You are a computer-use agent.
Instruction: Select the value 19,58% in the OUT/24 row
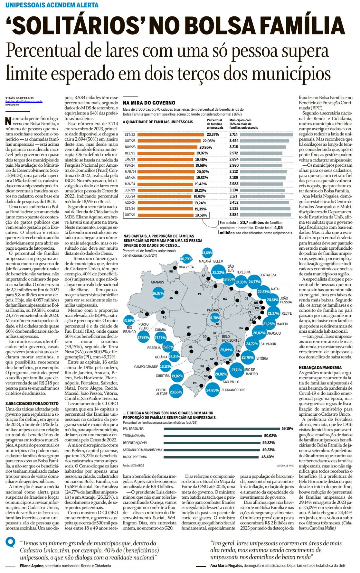coord(201,215)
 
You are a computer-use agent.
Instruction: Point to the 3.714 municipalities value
coord(233,135)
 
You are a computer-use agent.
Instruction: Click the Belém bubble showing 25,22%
coord(218,273)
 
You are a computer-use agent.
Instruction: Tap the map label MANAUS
coord(157,282)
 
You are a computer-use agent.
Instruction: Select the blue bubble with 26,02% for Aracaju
coord(259,333)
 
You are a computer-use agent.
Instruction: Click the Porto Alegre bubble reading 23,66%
coord(176,392)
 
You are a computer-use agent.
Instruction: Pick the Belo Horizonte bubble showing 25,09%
coord(226,350)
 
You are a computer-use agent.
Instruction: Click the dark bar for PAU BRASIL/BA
coord(222,429)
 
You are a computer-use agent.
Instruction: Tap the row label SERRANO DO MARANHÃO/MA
coord(142,450)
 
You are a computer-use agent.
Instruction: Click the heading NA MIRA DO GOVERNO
coord(149,103)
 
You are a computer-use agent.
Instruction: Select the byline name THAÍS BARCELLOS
coord(19,98)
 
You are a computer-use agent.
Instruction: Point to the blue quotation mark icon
coord(11,543)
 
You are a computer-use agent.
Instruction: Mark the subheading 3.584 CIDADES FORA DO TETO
coord(32,403)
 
